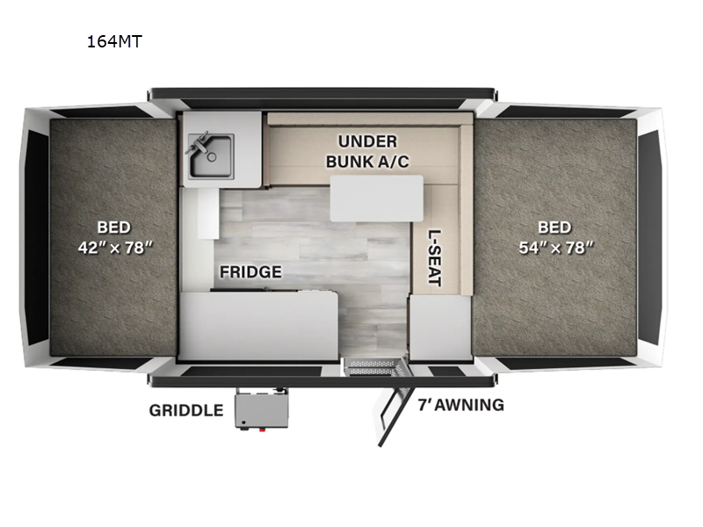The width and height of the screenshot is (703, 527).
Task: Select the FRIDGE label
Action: (250, 272)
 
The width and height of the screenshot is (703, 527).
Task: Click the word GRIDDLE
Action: (185, 410)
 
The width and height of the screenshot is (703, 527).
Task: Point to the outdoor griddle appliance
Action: (259, 410)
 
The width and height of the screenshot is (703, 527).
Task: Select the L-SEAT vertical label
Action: (434, 258)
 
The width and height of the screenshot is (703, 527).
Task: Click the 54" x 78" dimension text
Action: (554, 248)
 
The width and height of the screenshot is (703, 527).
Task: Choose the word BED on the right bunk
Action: (554, 227)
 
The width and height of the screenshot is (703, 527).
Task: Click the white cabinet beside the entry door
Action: (439, 327)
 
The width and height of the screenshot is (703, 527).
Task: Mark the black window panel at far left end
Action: (37, 237)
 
